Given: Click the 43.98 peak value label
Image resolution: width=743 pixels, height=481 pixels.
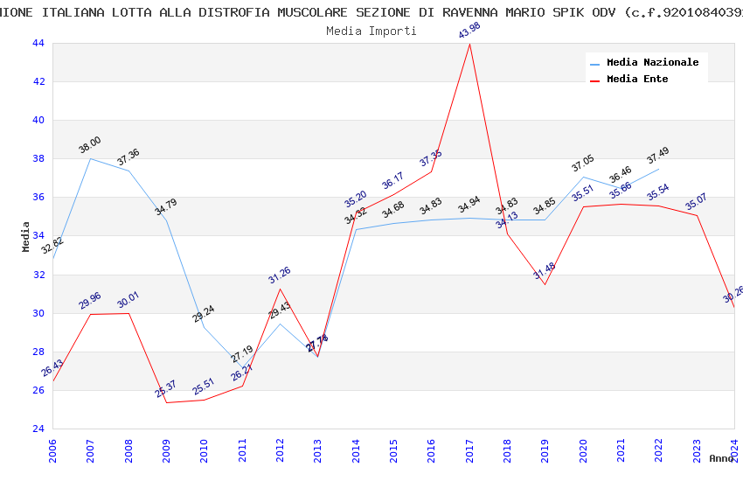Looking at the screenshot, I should click(469, 30).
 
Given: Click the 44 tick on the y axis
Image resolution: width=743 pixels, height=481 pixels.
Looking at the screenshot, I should click(38, 43).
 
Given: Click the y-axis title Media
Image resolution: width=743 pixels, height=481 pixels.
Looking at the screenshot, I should click(26, 236).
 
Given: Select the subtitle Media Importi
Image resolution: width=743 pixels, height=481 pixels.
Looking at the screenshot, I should click(371, 31).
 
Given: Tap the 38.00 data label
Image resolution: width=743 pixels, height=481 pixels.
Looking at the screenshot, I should click(89, 146).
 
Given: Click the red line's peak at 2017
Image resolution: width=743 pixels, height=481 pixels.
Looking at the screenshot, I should click(469, 44).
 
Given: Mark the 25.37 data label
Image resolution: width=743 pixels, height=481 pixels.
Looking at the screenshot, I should click(166, 389).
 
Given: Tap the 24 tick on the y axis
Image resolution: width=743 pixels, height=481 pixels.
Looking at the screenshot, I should click(38, 429).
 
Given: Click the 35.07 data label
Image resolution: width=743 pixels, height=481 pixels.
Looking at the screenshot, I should click(696, 202).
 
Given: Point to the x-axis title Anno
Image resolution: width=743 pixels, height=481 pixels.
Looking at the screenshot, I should click(721, 458).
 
